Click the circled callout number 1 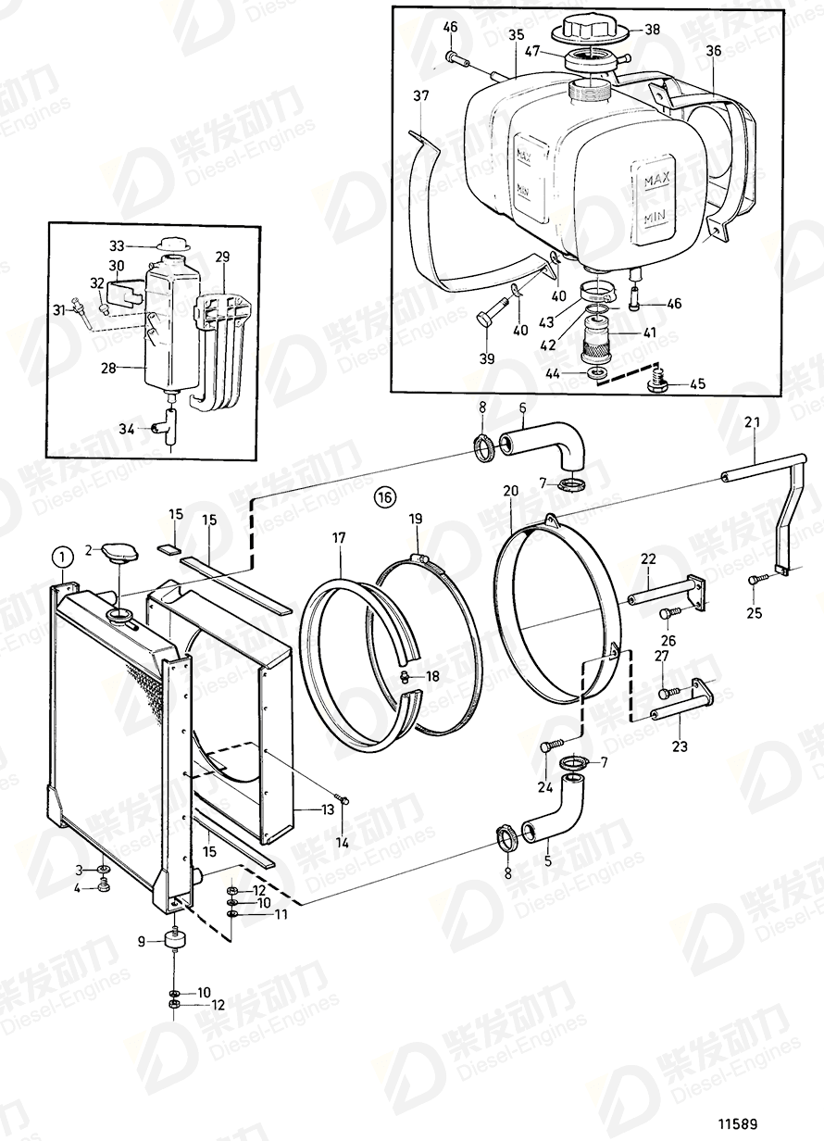point(61,557)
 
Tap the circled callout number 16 point(385,497)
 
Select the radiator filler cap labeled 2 point(120,555)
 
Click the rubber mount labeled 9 point(173,942)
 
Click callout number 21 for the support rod point(752,423)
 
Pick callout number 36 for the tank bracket point(713,51)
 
